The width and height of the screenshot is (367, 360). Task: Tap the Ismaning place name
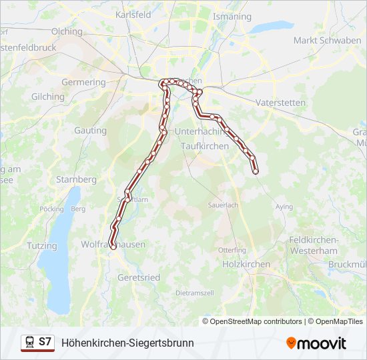point(234,16)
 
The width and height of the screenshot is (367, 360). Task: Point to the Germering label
point(83,82)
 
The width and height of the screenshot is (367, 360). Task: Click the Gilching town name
point(48,97)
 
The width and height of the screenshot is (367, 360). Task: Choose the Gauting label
point(90,131)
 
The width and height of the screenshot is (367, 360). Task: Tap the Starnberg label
point(76,179)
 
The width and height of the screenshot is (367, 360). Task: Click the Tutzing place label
point(42,246)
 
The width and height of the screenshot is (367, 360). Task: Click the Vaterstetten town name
point(280,103)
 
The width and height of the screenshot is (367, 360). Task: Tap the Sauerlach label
point(223,205)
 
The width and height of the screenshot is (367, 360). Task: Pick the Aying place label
point(284,207)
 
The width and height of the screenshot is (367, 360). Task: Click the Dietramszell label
point(194,293)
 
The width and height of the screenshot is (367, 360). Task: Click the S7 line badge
point(45,342)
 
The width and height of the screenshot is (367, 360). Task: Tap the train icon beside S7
point(29,342)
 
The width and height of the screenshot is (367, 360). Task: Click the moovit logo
point(317,343)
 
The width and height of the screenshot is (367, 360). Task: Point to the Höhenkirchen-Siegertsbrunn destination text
point(127,343)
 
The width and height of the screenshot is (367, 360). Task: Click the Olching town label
point(67,31)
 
